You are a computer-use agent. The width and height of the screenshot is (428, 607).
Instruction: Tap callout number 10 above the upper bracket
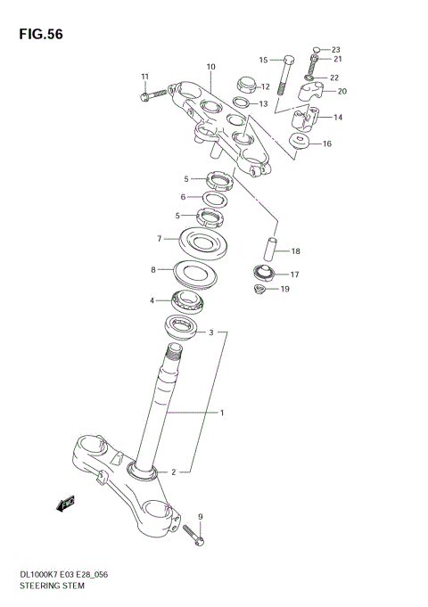(x=211, y=67)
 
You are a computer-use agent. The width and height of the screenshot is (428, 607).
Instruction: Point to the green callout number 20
(x=342, y=90)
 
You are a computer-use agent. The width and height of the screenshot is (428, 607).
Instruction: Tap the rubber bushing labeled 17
(x=266, y=274)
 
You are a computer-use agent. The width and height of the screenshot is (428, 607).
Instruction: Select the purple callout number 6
(x=184, y=197)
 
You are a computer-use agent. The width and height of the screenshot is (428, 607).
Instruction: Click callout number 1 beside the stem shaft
(x=222, y=413)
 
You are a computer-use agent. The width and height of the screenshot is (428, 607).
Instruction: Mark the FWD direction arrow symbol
(x=64, y=505)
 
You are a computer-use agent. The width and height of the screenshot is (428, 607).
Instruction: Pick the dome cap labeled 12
(x=243, y=86)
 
